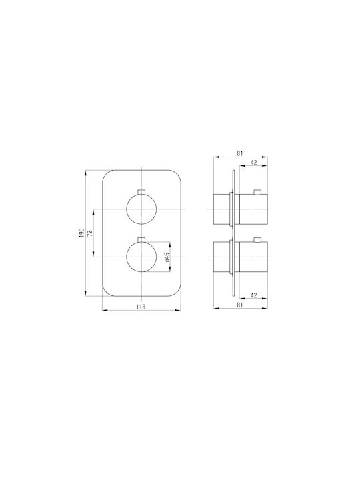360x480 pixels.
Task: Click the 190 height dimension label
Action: coord(81,233)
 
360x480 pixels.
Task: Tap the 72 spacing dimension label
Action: coord(90,233)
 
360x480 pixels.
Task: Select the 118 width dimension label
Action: coord(141,307)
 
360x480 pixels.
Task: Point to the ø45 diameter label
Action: coord(167,257)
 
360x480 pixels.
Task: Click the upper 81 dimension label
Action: coord(240,153)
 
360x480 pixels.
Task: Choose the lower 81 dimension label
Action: coord(240,305)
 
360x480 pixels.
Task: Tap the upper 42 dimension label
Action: coord(254,162)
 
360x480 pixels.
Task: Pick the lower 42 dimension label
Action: coord(254,295)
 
